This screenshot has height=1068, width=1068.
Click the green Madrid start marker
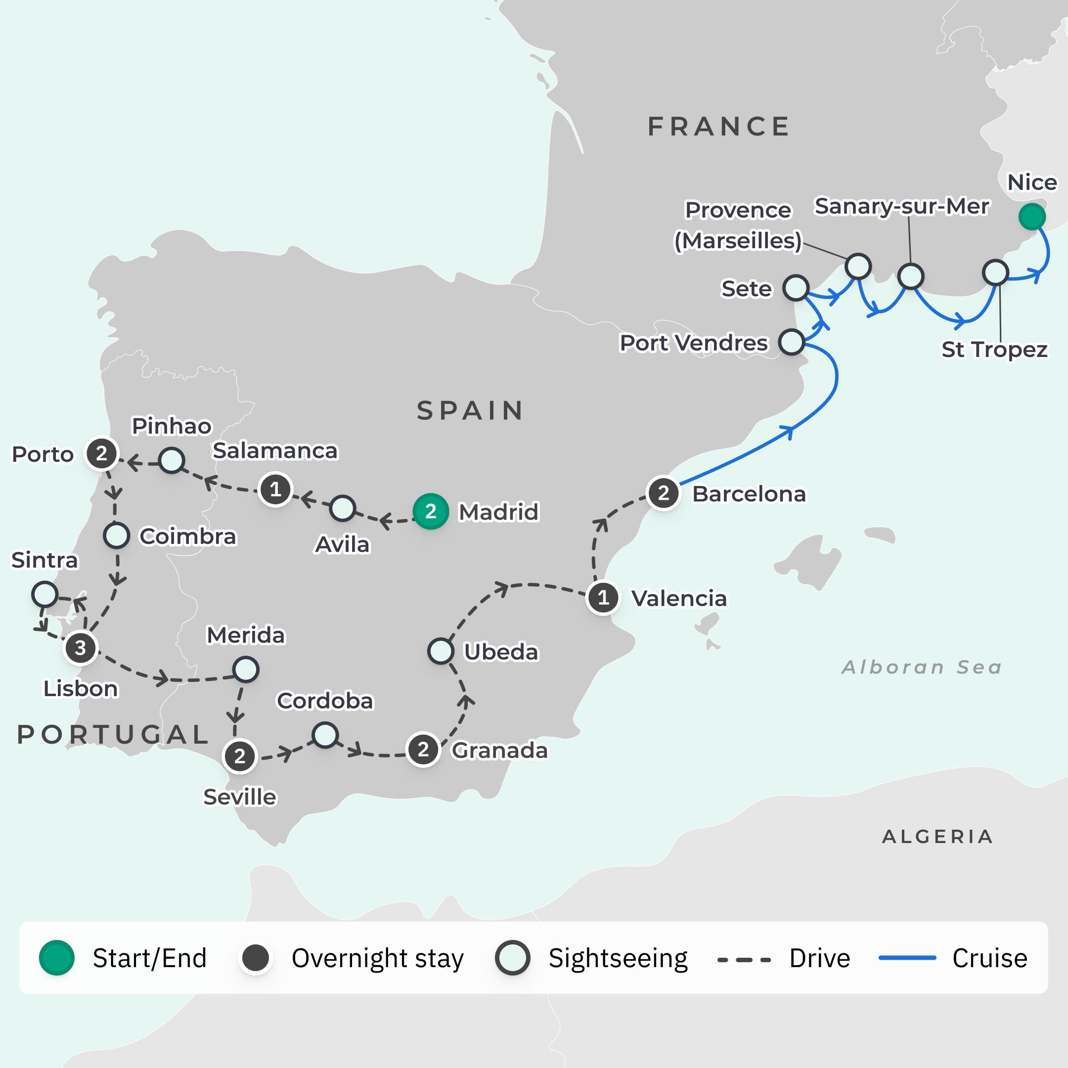click(x=431, y=511)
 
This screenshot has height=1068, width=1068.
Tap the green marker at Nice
click(x=1031, y=216)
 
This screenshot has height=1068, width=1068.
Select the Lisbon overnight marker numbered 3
click(x=81, y=647)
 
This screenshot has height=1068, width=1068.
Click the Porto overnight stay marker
click(x=102, y=454)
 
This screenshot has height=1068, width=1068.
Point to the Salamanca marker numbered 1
click(x=275, y=489)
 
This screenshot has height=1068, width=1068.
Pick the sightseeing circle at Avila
click(x=342, y=509)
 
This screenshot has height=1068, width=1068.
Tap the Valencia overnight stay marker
click(x=603, y=598)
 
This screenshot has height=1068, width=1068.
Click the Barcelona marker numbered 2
click(x=664, y=493)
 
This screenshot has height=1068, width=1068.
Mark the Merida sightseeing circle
click(x=245, y=669)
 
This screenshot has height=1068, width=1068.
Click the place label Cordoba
click(x=325, y=701)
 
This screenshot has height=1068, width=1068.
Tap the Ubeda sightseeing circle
click(x=441, y=651)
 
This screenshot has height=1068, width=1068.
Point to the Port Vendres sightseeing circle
click(x=791, y=342)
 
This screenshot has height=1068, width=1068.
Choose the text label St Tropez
click(x=994, y=350)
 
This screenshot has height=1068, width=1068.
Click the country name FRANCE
click(x=718, y=127)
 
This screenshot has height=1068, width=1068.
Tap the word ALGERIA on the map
click(x=937, y=837)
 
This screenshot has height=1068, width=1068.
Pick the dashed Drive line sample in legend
click(x=744, y=959)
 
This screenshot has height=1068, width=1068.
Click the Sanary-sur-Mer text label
click(x=901, y=206)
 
